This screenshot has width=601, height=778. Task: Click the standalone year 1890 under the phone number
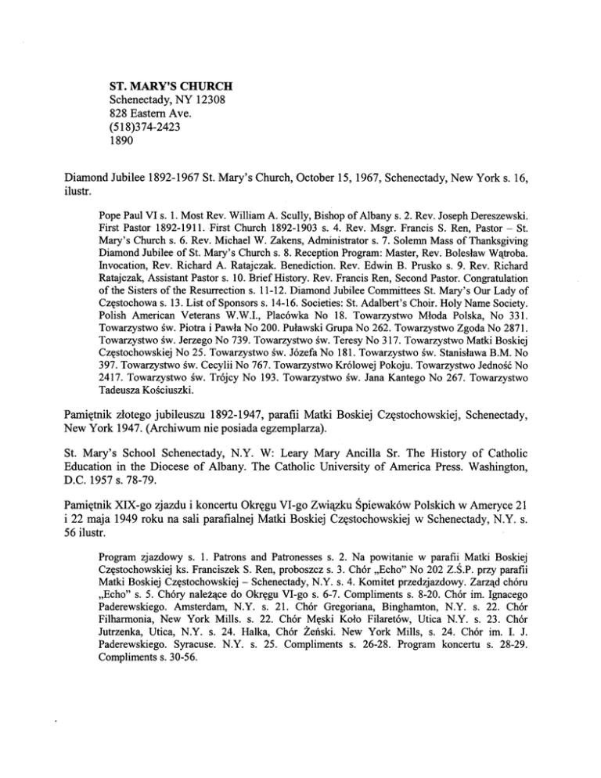(122, 144)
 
